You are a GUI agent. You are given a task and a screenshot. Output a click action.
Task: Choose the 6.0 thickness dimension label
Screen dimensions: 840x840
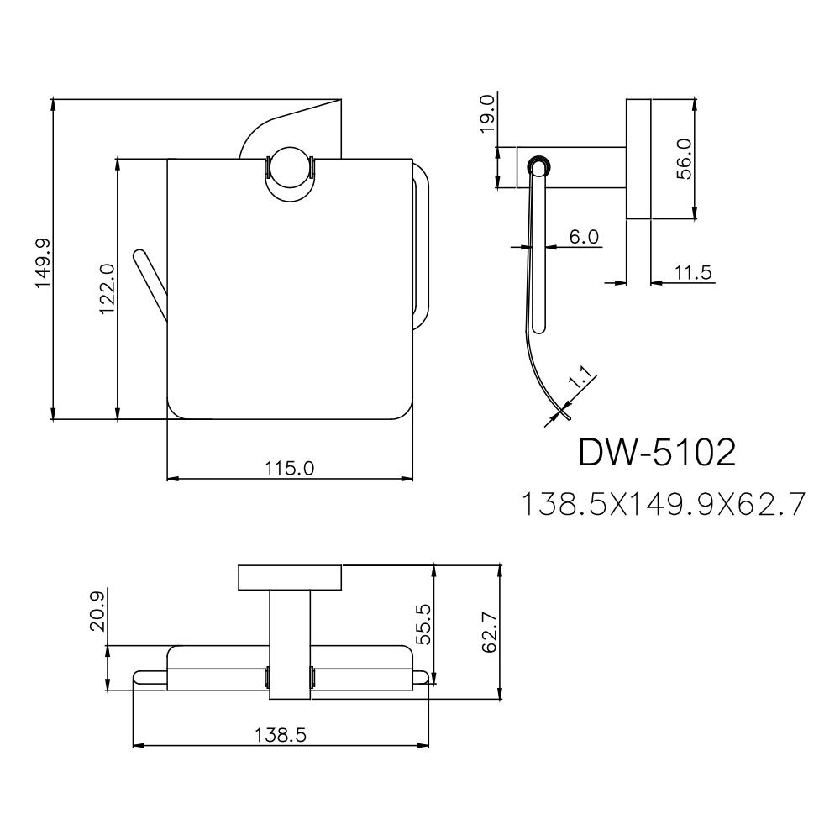[584, 237]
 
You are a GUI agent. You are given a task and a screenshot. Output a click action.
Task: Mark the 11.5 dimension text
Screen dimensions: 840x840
[693, 271]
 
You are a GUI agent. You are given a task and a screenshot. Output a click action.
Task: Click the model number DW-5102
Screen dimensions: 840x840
[658, 454]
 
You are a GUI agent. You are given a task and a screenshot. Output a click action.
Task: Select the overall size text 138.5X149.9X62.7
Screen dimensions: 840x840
[664, 504]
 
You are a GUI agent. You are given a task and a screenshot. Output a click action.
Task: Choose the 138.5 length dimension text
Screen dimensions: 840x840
[281, 733]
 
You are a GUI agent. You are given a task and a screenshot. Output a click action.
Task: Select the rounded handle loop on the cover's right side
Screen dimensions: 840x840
[422, 244]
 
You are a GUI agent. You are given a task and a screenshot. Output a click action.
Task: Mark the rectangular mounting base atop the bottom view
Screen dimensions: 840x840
[291, 579]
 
